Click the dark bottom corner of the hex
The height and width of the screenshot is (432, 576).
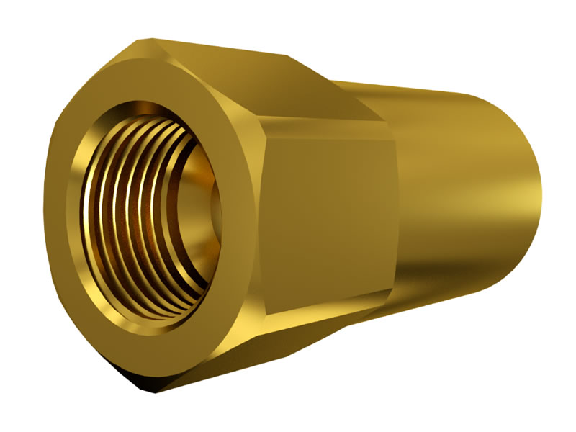[155, 389]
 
